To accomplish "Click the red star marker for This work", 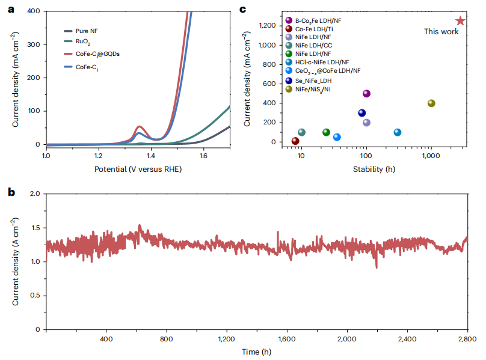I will pyautogui.click(x=460, y=20).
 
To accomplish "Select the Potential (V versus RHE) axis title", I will pyautogui.click(x=138, y=169).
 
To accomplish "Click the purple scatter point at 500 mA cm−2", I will pyautogui.click(x=366, y=93).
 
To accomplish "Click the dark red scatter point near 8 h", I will pyautogui.click(x=295, y=141).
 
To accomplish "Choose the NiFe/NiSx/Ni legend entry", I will pyautogui.click(x=319, y=89).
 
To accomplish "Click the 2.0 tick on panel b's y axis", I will pyautogui.click(x=35, y=194).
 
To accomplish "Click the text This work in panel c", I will pyautogui.click(x=441, y=32).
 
